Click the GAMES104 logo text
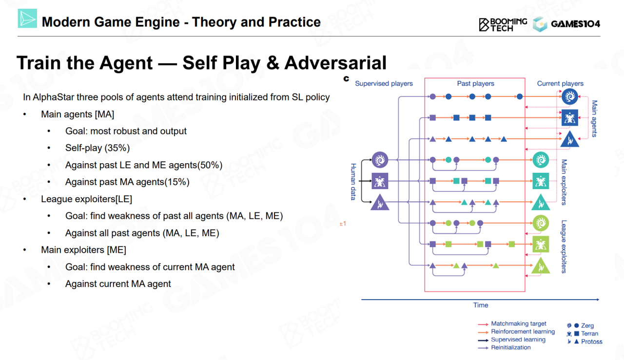(575, 24)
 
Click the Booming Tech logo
(503, 24)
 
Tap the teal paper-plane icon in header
(27, 19)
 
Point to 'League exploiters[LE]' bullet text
(86, 199)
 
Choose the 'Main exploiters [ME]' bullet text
(83, 250)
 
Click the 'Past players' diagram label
(475, 83)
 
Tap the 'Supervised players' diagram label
(384, 83)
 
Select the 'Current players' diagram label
(560, 83)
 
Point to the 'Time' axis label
(481, 305)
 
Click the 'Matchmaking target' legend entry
(519, 323)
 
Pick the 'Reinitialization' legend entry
(511, 347)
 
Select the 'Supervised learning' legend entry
(518, 340)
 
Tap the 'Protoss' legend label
(592, 341)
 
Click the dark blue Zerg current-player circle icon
(569, 96)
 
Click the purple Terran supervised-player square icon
(380, 181)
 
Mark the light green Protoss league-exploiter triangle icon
(541, 266)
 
